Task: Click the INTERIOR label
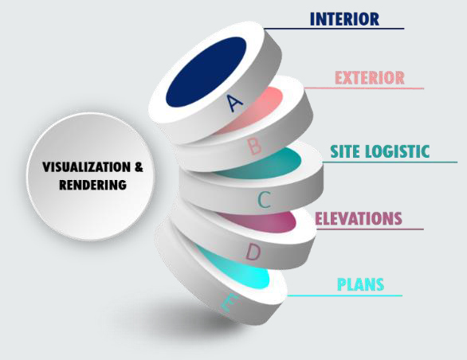coord(344,19)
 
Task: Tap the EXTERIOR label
coord(370,78)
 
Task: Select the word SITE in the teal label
coord(345,151)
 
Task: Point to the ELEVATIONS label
coord(359,218)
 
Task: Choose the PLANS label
coord(361,284)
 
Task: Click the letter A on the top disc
coord(234,103)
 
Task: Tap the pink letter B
coord(254,147)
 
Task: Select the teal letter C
coord(264,199)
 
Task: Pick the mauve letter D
coord(253,252)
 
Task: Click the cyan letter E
coord(230,302)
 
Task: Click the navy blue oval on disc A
coord(206,72)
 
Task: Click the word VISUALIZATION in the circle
coord(86,166)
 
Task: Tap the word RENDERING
coord(92,185)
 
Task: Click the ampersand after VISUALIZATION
coord(139,166)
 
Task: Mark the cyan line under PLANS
coord(345,295)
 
